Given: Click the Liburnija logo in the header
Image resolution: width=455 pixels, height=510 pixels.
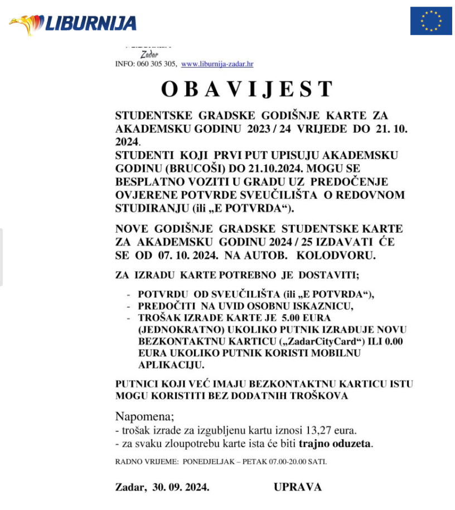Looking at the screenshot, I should [x=72, y=23].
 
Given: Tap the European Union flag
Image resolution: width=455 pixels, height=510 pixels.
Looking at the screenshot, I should [x=430, y=21].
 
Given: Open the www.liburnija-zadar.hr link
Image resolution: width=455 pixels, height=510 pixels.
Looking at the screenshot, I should [x=217, y=64].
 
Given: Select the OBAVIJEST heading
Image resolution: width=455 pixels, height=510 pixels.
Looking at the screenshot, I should [x=247, y=89].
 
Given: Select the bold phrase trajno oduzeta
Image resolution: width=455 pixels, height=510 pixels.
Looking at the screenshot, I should [x=335, y=444].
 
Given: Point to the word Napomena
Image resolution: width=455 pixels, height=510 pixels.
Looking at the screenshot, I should [x=137, y=417].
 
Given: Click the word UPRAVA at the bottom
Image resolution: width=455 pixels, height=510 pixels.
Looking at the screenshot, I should [x=297, y=487].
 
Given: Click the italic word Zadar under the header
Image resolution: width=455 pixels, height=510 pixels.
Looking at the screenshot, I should [x=150, y=55].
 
